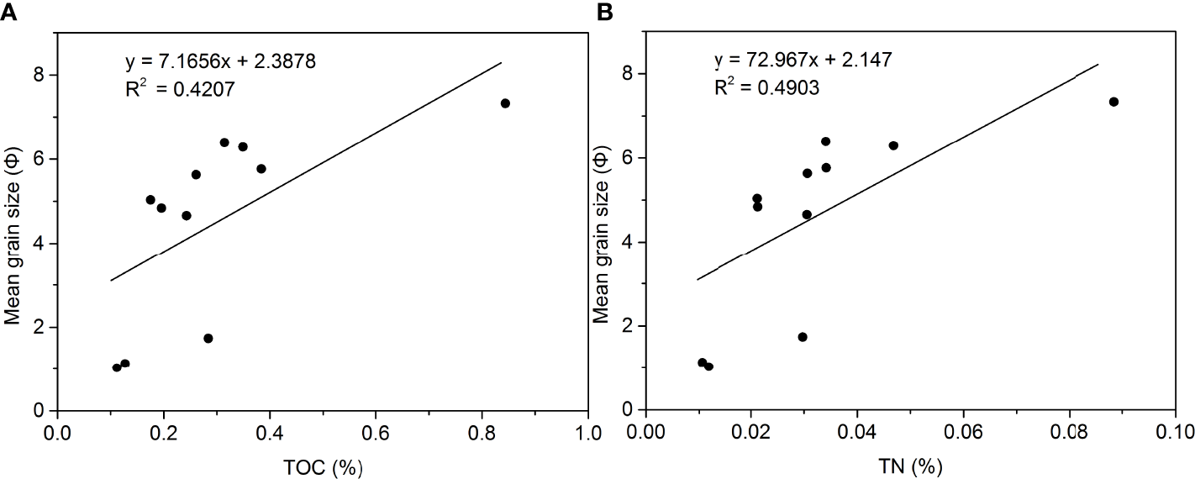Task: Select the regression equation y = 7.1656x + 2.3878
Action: [x=221, y=62]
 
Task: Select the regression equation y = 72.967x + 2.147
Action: [x=803, y=61]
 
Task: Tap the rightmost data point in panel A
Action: [x=505, y=103]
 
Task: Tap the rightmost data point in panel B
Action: [x=1113, y=102]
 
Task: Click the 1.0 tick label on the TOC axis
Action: [x=587, y=434]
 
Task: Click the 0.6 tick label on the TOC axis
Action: [x=375, y=434]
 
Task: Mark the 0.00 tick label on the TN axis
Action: [x=645, y=434]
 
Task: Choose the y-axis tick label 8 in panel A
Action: [x=39, y=75]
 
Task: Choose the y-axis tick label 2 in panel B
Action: [x=628, y=326]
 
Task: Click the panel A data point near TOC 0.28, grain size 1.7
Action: [x=208, y=339]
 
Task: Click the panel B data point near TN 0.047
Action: [x=893, y=145]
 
